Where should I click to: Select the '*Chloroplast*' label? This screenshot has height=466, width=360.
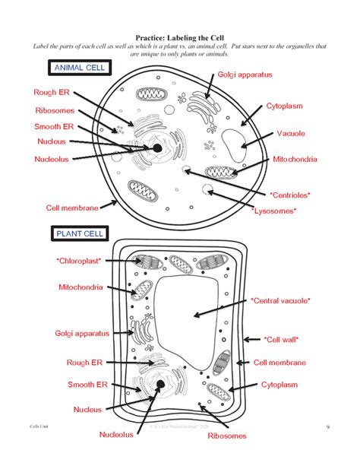coord(78,261)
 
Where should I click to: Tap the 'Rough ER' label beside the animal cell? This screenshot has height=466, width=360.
coord(52,93)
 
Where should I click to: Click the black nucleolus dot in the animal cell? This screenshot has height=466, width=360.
coord(156,148)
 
